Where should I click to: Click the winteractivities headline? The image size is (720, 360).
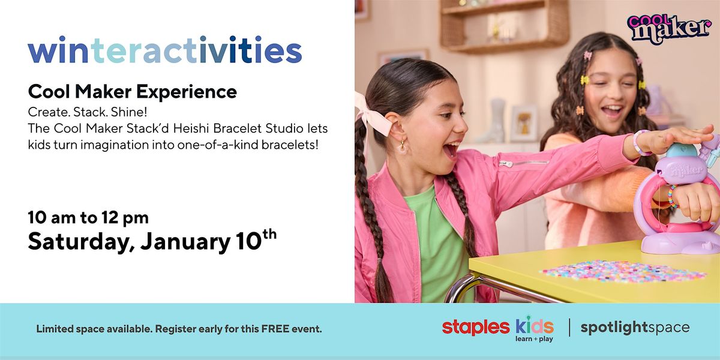[165, 50]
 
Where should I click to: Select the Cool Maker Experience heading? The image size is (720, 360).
[133, 92]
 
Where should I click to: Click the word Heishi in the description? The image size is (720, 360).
[191, 128]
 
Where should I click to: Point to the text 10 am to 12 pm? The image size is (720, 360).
[88, 218]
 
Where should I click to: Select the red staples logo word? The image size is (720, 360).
[476, 328]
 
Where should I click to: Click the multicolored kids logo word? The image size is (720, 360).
[535, 326]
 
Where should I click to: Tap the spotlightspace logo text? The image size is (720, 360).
[635, 328]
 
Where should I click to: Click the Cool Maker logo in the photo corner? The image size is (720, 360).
[669, 28]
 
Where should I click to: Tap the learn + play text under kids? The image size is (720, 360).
[534, 339]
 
